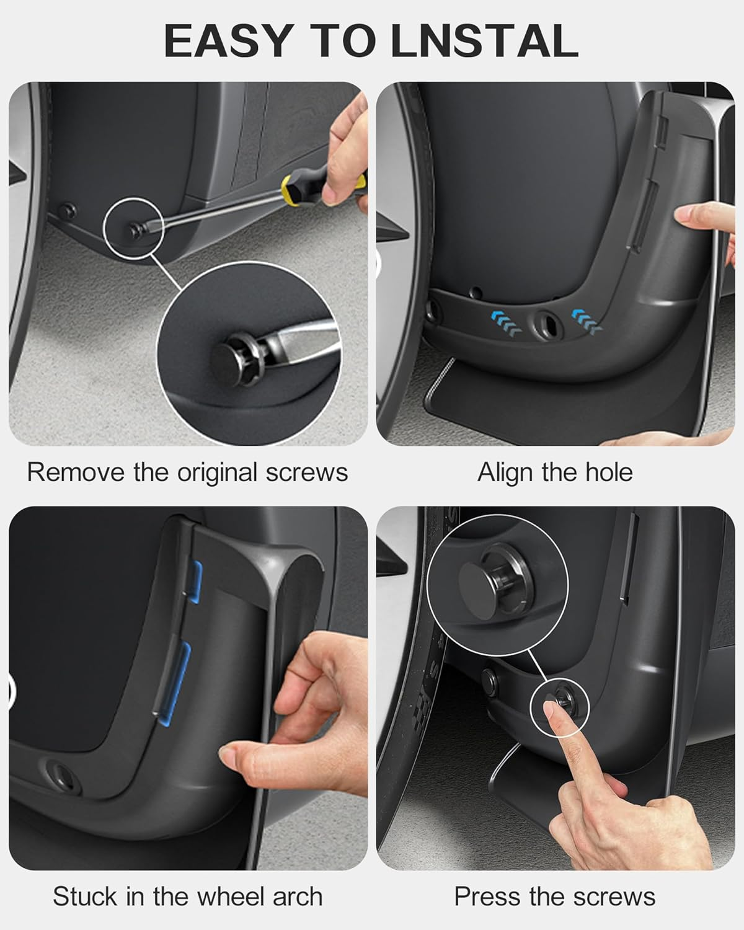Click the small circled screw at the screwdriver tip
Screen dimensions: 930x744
133,230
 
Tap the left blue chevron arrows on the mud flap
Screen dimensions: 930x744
503,322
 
